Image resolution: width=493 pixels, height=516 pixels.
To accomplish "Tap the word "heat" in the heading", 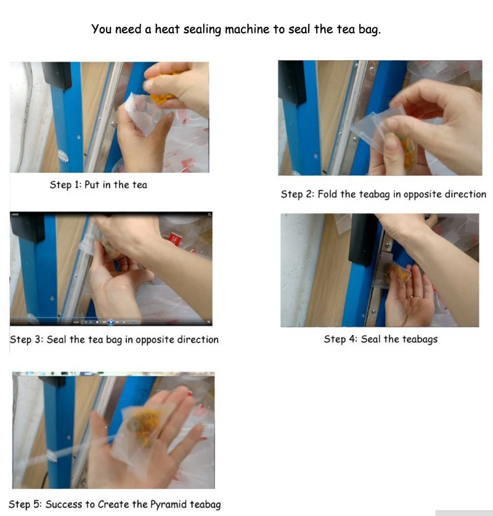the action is tap(167, 29).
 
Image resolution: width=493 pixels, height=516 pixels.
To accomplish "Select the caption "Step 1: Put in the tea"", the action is tap(98, 185).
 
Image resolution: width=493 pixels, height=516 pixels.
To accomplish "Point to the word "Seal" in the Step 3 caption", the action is tap(56, 339).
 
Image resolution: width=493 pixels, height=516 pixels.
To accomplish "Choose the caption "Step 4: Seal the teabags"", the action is tap(381, 339).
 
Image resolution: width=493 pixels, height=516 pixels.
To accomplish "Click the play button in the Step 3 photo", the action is tap(111, 322).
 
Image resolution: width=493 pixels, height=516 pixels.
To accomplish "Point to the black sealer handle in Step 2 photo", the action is tap(291, 83).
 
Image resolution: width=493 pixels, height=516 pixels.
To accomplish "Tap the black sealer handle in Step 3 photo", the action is tap(27, 227).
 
